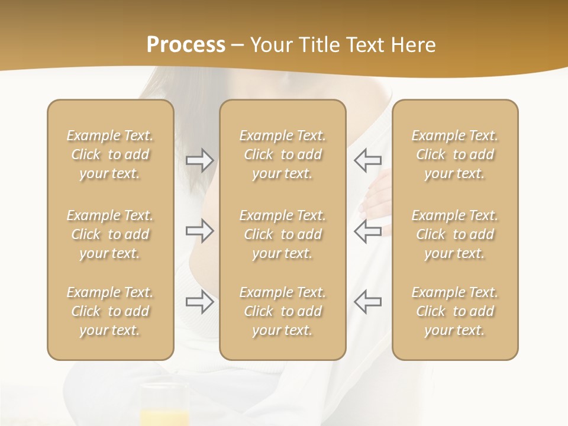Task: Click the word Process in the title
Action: [x=186, y=45]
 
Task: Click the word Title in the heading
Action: [x=319, y=45]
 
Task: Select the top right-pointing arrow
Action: [x=199, y=160]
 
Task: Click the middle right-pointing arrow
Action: [x=199, y=231]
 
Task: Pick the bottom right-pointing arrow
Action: [x=199, y=302]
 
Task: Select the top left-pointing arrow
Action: [x=367, y=160]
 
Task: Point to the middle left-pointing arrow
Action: [x=367, y=231]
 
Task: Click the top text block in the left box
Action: [x=110, y=154]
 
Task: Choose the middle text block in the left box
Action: [x=110, y=234]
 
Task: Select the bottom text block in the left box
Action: [x=110, y=311]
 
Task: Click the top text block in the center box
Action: [x=283, y=154]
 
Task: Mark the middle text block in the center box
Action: [x=283, y=234]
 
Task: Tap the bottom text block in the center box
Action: [x=283, y=311]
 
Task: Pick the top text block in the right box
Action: [x=455, y=154]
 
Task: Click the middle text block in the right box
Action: [x=455, y=234]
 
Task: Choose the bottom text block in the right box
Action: [x=455, y=311]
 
